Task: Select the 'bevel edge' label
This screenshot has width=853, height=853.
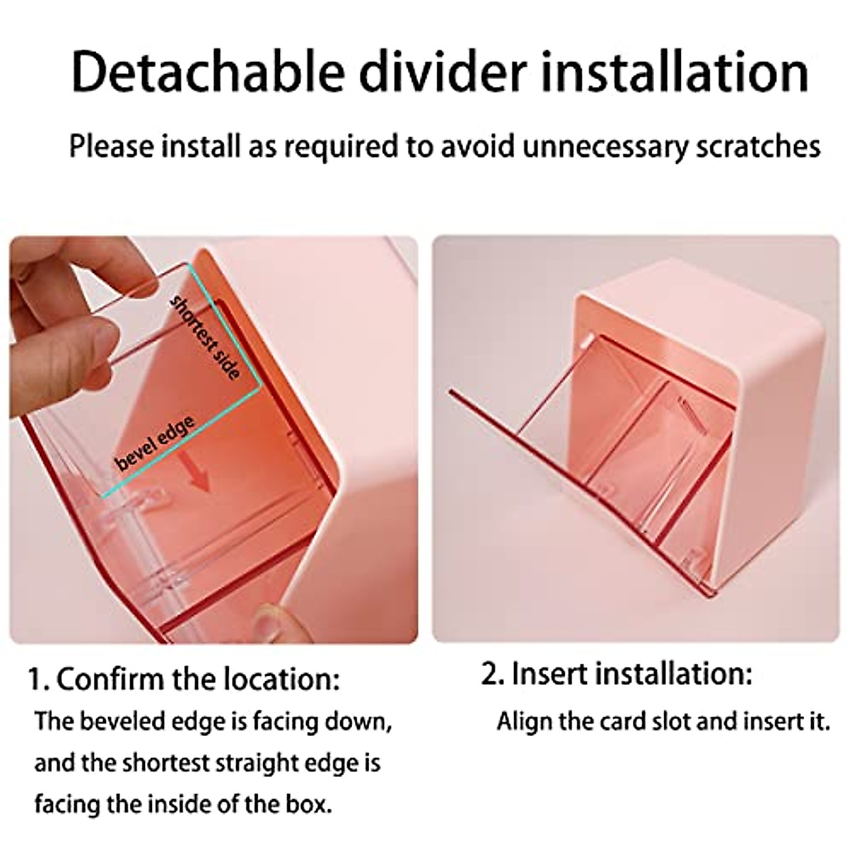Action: tap(155, 444)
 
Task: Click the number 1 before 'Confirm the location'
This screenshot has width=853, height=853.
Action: tap(36, 680)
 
